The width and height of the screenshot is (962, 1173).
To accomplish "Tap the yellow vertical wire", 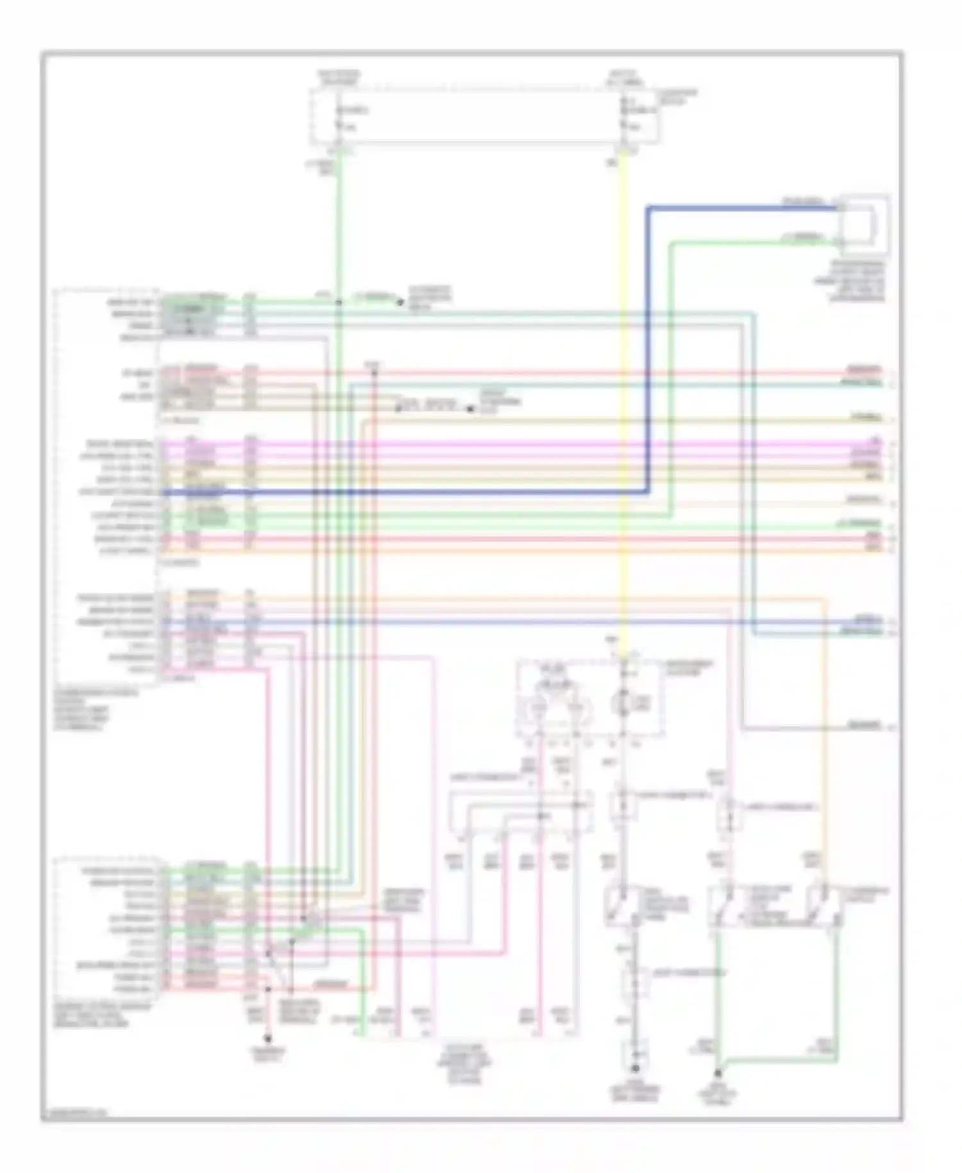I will click(622, 385).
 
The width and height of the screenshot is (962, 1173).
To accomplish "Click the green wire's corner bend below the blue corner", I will click(671, 243).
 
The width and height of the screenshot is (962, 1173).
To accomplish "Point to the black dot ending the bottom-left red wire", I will click(267, 1038).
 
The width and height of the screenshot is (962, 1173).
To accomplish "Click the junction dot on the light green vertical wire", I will click(339, 300).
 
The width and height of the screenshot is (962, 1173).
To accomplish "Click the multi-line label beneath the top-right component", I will click(857, 281).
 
